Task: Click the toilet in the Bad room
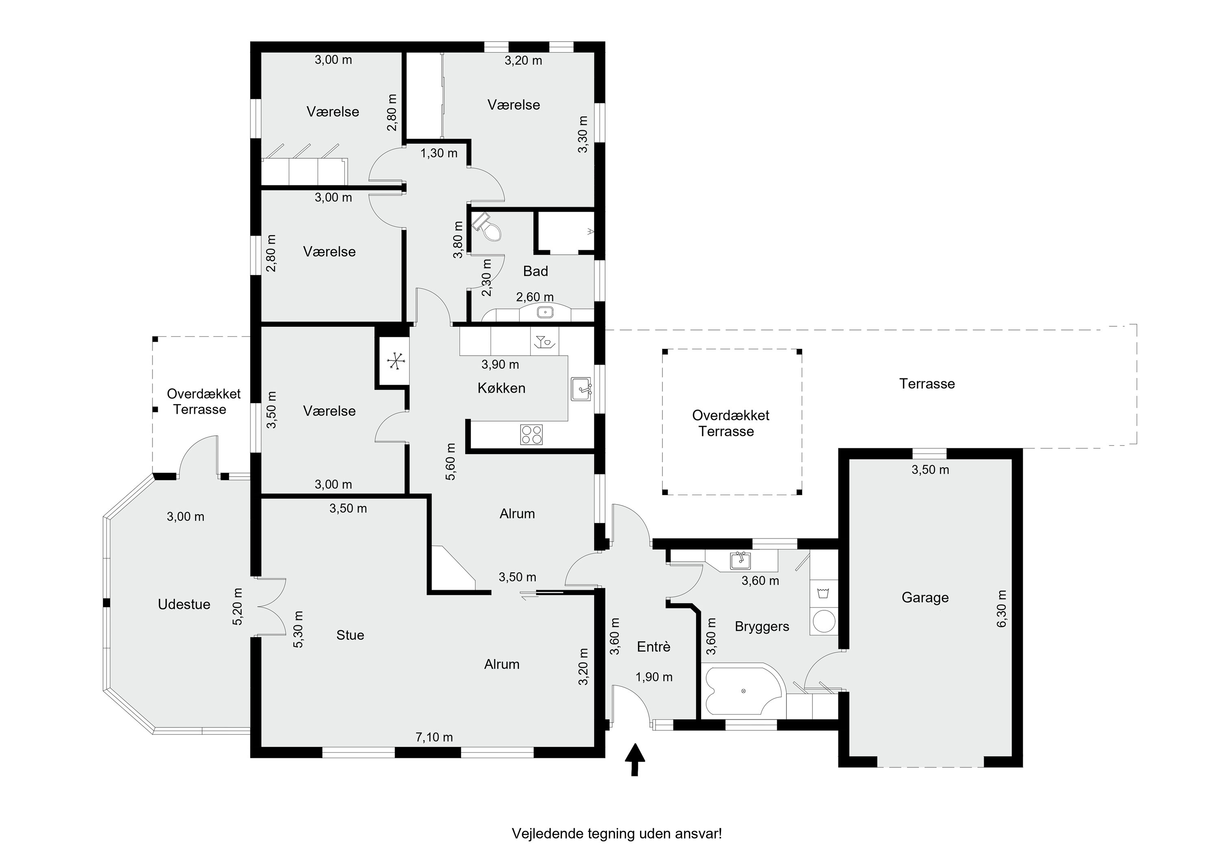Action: (x=487, y=227)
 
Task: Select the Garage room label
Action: (x=925, y=598)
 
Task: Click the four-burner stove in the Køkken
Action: (x=532, y=434)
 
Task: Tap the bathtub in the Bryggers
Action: (x=743, y=690)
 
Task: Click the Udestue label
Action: (x=184, y=604)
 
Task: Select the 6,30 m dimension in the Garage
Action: (x=1002, y=608)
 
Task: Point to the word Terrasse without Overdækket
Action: (x=927, y=384)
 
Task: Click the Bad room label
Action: (x=535, y=271)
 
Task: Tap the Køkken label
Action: (x=501, y=388)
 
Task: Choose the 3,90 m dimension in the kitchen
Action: (x=500, y=364)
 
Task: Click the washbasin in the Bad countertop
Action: (x=545, y=312)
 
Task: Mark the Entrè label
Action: (x=654, y=647)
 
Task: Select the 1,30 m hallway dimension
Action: (x=438, y=153)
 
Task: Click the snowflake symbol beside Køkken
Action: (x=396, y=362)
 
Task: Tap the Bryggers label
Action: (x=762, y=626)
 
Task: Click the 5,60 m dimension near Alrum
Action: (x=451, y=461)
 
